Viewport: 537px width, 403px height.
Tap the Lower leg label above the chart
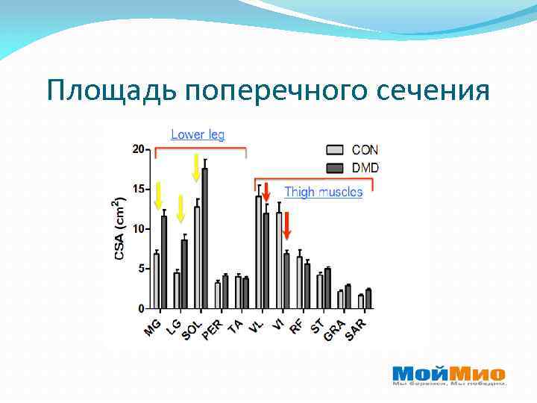(x=198, y=134)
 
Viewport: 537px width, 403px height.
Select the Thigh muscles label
(x=323, y=193)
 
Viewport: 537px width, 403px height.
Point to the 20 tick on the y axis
(x=139, y=149)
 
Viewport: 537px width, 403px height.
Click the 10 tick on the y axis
(x=139, y=229)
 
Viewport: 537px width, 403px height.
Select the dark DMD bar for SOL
(x=205, y=238)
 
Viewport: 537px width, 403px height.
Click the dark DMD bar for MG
(x=164, y=262)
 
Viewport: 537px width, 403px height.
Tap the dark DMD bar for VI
(x=286, y=281)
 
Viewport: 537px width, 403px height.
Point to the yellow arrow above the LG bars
(x=180, y=208)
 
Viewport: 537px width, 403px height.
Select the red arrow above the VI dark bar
(x=286, y=226)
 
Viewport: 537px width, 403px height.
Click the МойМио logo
(x=448, y=375)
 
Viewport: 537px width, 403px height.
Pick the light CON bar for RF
(x=299, y=283)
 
